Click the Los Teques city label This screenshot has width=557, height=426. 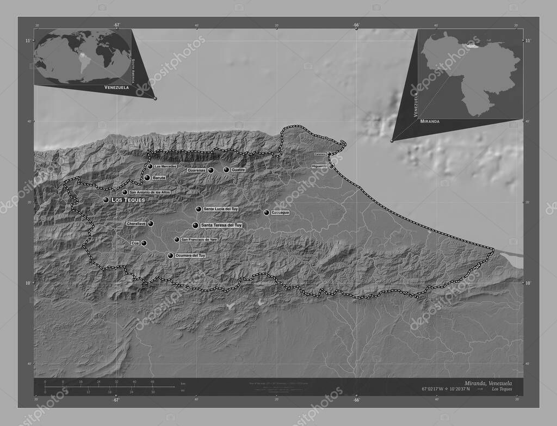[129, 200]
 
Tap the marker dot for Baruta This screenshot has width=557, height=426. [147, 177]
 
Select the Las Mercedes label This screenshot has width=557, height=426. [165, 166]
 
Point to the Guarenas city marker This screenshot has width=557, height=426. [211, 170]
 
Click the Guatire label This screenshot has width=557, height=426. [238, 170]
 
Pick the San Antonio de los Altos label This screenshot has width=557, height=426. [150, 192]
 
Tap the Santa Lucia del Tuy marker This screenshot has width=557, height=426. [199, 209]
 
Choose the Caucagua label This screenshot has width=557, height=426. [280, 213]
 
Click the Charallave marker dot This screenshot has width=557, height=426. [151, 224]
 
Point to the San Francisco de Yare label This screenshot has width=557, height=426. [199, 239]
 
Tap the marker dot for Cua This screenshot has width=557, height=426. [144, 243]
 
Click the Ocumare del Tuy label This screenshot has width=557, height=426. [190, 255]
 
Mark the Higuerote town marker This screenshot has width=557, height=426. [331, 166]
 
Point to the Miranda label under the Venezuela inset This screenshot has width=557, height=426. [429, 121]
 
